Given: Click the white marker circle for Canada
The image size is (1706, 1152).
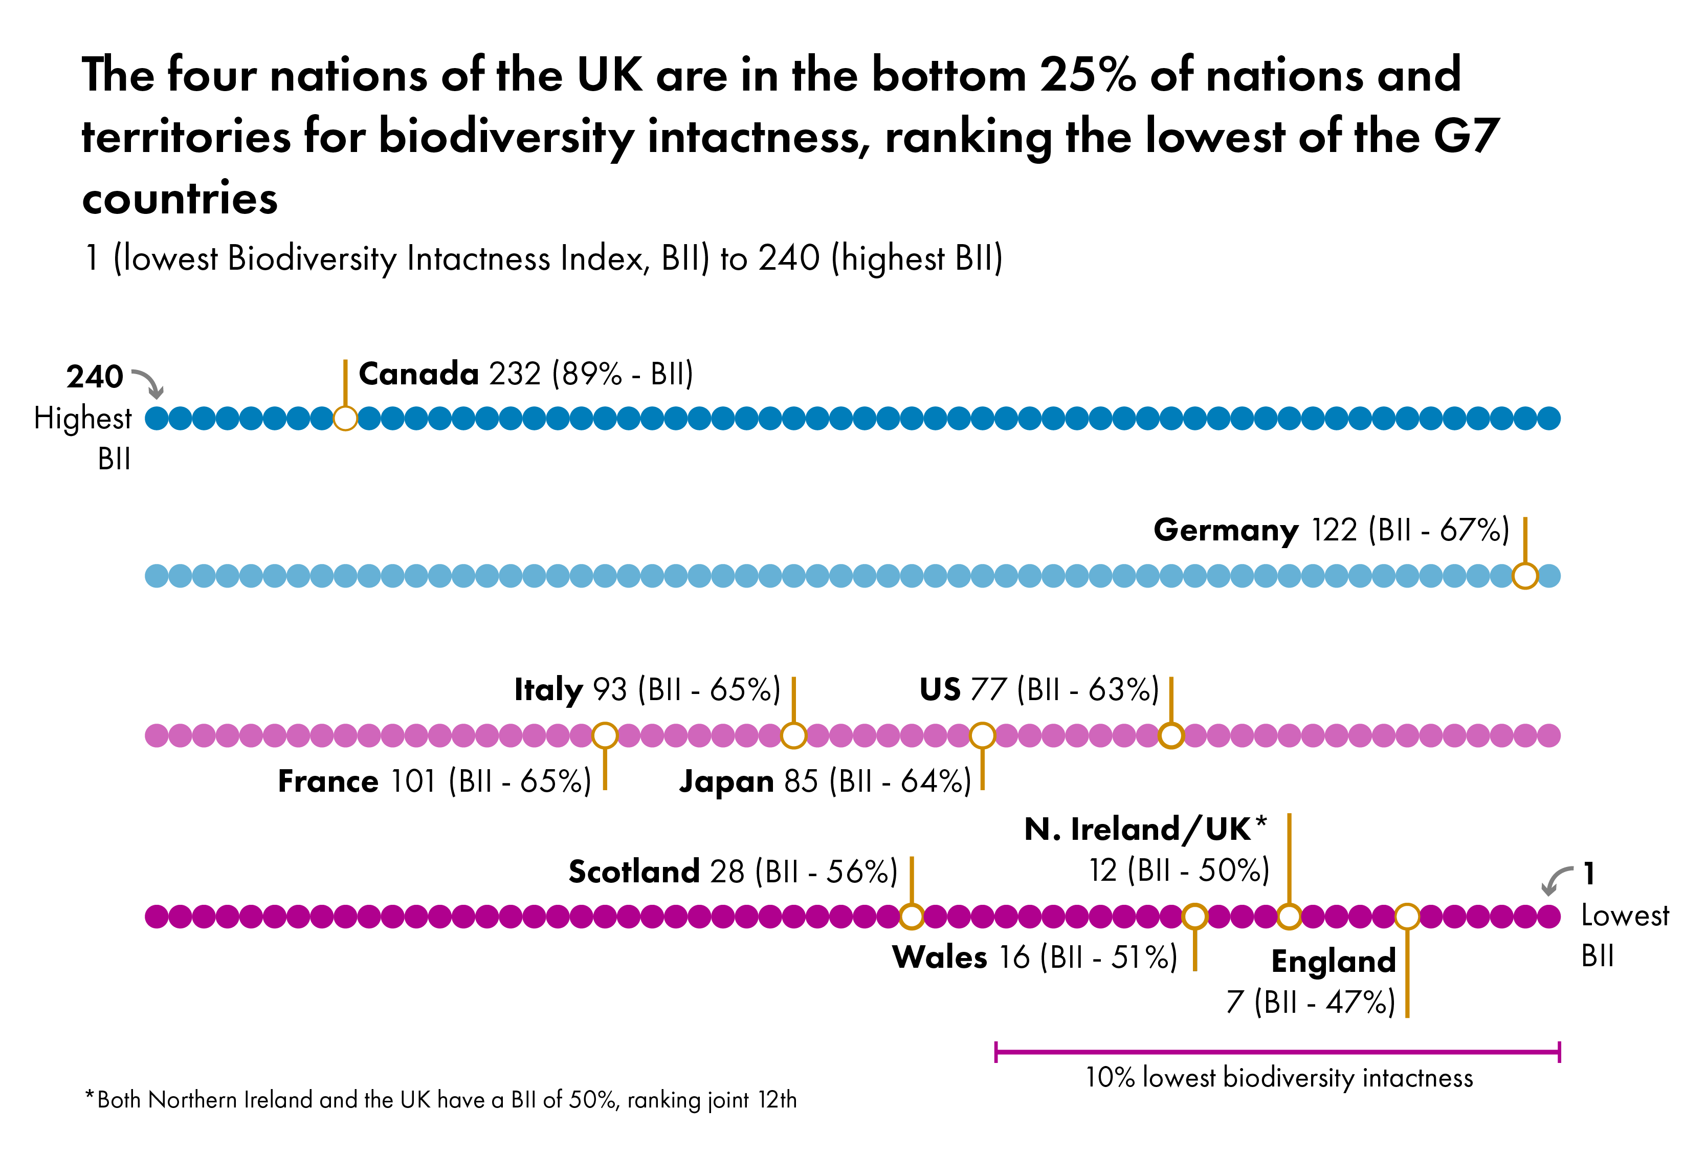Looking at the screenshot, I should pos(345,419).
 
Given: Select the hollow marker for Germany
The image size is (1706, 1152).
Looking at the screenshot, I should pos(1525,576).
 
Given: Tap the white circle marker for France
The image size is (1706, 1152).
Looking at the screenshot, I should pos(605,735).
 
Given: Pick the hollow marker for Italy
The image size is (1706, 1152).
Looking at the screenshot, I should pos(793,735).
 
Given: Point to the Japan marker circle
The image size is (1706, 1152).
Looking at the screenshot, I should pos(982,735).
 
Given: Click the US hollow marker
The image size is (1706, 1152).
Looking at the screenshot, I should pos(1171,735).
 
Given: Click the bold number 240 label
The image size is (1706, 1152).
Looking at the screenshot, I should pos(95,377).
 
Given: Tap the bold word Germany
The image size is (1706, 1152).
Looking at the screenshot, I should pos(1225,530).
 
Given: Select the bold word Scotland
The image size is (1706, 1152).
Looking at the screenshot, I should pos(633,872).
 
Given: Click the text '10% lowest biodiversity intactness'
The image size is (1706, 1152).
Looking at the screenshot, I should pos(1279,1078).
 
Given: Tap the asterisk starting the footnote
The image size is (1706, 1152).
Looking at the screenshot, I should pos(90,1097).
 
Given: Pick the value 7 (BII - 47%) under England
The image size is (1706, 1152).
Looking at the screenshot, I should pos(1311,1002).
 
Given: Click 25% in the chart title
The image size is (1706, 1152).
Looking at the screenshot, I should pos(1087,75).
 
